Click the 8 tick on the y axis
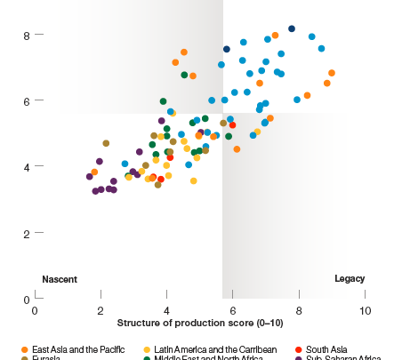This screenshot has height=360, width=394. point(27,36)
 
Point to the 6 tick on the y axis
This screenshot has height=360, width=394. point(27,101)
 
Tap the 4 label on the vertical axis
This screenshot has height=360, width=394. point(27,167)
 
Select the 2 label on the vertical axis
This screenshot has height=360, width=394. point(27,233)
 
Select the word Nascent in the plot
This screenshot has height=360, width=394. point(60,279)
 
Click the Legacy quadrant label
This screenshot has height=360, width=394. point(349,279)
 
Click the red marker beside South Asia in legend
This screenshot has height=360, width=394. point(298,348)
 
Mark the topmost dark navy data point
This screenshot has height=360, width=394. point(291,28)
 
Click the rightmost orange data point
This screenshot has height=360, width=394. point(332,73)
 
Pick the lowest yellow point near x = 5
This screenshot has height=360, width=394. point(193,180)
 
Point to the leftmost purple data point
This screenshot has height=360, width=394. point(89,176)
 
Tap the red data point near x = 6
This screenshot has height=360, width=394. point(232,125)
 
